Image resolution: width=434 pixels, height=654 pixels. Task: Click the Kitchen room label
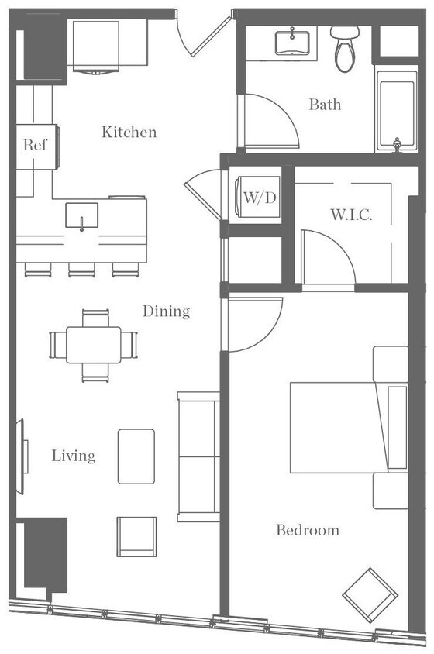tap(129, 133)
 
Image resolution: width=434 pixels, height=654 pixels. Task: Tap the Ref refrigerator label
tap(34, 145)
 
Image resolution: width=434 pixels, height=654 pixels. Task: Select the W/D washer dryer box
tap(259, 198)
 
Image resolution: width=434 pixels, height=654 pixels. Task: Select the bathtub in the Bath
tap(396, 108)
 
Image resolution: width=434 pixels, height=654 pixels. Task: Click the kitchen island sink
tap(81, 215)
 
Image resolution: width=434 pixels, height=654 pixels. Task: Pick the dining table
tap(93, 345)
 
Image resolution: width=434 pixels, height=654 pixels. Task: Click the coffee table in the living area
tap(136, 456)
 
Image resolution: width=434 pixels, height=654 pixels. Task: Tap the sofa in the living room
tap(198, 456)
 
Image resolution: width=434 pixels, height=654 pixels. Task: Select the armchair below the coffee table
tap(136, 536)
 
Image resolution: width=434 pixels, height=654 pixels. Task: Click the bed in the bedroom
tap(341, 427)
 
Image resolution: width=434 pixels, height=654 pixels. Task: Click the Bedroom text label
tap(308, 530)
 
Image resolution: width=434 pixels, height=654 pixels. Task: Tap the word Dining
tap(166, 312)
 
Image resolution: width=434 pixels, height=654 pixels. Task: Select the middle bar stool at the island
tap(81, 270)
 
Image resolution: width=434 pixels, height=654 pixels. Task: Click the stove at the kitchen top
tap(97, 45)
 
